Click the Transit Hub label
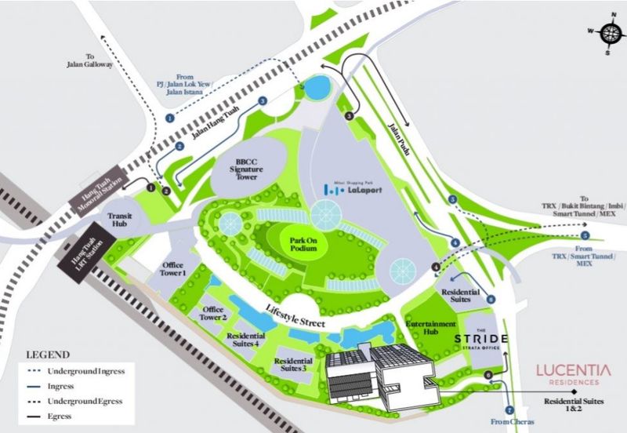[x=122, y=220]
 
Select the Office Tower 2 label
[x=214, y=314]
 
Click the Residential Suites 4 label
[x=245, y=339]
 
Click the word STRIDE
[x=481, y=339]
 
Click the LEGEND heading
[x=48, y=354]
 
